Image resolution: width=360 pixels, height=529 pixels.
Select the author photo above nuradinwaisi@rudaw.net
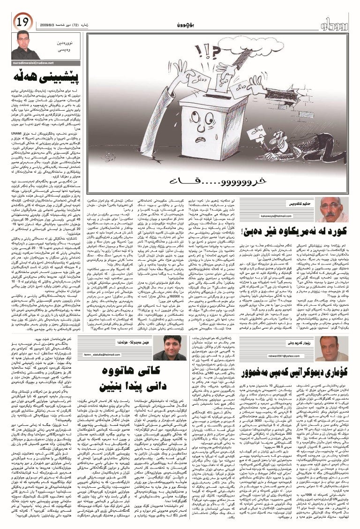pos(23,45)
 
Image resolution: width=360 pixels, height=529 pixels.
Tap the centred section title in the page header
pos(188,24)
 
